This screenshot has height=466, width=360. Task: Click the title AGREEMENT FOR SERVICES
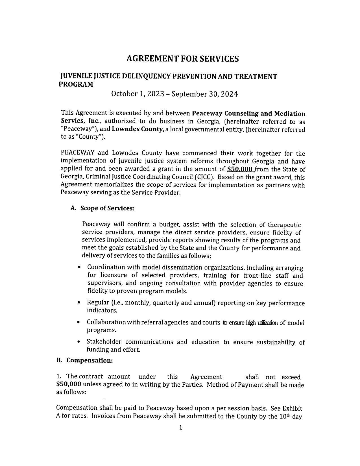tap(182, 59)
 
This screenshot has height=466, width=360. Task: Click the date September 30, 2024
tap(204, 94)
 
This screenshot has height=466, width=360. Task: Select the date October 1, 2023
tap(138, 94)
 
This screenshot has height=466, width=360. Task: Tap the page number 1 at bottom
tap(181, 428)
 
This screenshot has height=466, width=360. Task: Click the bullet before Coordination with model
tap(80, 267)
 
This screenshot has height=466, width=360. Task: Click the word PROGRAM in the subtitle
tap(76, 84)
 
